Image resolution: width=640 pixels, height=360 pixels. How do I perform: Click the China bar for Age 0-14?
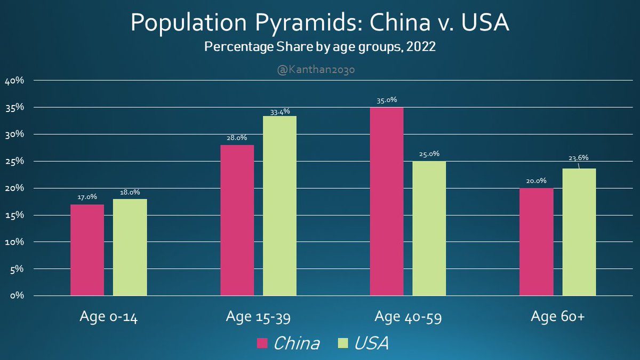[x=87, y=250]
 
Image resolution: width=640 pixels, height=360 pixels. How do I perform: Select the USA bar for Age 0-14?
[x=130, y=247]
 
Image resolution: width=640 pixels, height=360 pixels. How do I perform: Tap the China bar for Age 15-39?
[x=237, y=220]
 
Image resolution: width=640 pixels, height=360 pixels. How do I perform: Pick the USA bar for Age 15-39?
[x=279, y=205]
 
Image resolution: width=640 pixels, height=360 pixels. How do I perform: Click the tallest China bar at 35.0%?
[x=387, y=201]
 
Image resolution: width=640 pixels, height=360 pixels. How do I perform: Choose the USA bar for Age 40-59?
[x=429, y=228]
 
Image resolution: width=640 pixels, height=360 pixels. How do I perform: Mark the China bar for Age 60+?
[x=537, y=242]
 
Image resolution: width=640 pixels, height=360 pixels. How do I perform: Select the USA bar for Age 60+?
[x=579, y=232]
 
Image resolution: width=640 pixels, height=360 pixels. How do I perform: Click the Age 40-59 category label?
[x=408, y=317]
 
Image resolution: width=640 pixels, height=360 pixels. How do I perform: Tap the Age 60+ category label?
[x=558, y=317]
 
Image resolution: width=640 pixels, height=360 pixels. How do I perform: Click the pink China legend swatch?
[x=262, y=343]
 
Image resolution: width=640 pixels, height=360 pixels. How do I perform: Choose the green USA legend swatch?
[x=344, y=343]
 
